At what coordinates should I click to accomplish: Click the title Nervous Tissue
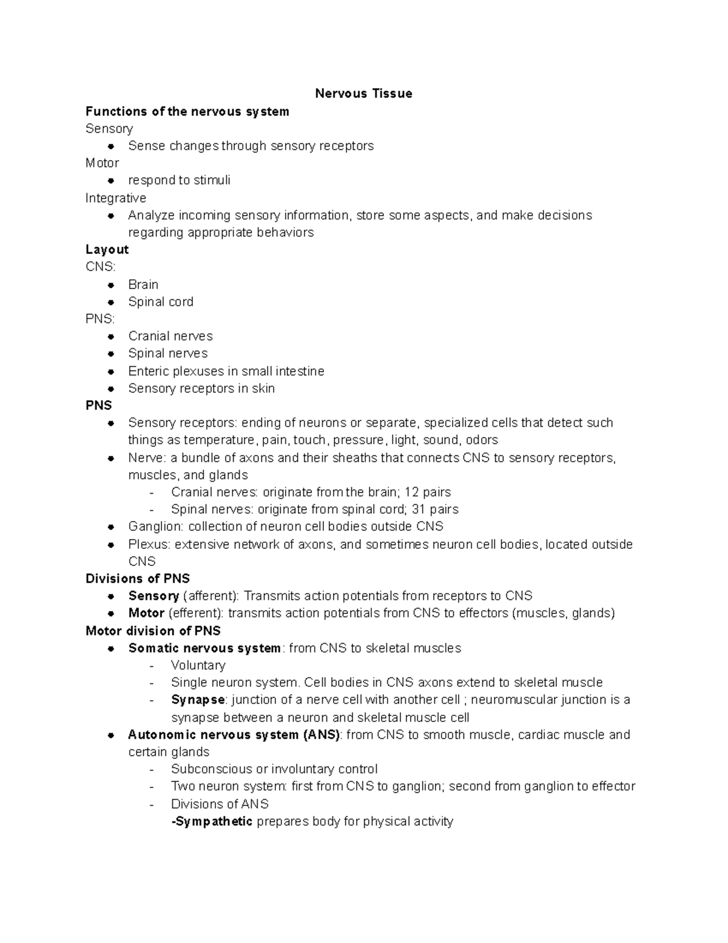[363, 94]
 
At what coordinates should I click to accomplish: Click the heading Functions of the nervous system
[187, 111]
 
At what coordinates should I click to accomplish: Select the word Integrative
[115, 198]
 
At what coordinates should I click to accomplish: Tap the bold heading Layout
[107, 250]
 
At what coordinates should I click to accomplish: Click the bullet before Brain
[111, 285]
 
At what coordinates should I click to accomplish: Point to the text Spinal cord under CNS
[161, 302]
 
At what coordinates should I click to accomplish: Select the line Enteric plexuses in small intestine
[226, 371]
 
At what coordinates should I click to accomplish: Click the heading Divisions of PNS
[138, 579]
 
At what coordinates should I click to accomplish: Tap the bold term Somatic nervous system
[204, 648]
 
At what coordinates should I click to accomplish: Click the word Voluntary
[198, 666]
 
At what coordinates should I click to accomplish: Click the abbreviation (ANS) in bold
[322, 735]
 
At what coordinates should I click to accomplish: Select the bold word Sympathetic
[213, 822]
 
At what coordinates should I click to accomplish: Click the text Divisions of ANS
[220, 804]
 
